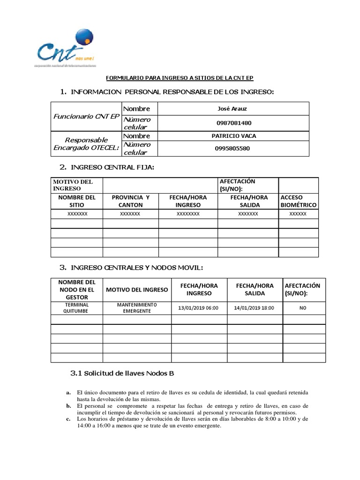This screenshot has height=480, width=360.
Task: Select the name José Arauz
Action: (232, 109)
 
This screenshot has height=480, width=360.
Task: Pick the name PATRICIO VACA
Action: (234, 136)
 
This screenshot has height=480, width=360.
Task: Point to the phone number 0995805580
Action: (232, 149)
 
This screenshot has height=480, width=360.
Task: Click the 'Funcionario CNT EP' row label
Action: (87, 116)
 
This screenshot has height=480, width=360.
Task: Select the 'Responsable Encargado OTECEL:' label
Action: (86, 144)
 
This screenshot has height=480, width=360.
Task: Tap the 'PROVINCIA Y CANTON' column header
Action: (130, 201)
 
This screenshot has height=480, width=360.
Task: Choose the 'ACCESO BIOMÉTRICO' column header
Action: (298, 201)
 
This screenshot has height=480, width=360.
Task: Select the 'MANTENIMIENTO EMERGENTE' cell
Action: (137, 308)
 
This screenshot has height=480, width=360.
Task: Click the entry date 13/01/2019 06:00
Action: (199, 308)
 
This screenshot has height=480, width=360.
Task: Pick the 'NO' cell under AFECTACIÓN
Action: (303, 308)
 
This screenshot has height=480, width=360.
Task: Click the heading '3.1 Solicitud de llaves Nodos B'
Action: (122, 374)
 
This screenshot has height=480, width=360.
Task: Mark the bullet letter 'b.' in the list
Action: (68, 405)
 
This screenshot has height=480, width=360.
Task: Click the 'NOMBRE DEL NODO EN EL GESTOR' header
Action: (76, 290)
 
